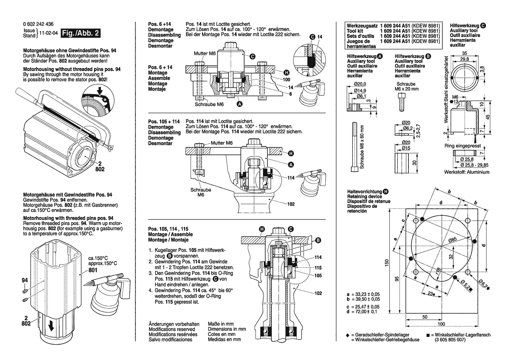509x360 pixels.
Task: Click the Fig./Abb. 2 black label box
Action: coord(81,33)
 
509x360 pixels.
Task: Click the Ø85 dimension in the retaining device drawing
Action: coord(452,240)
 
